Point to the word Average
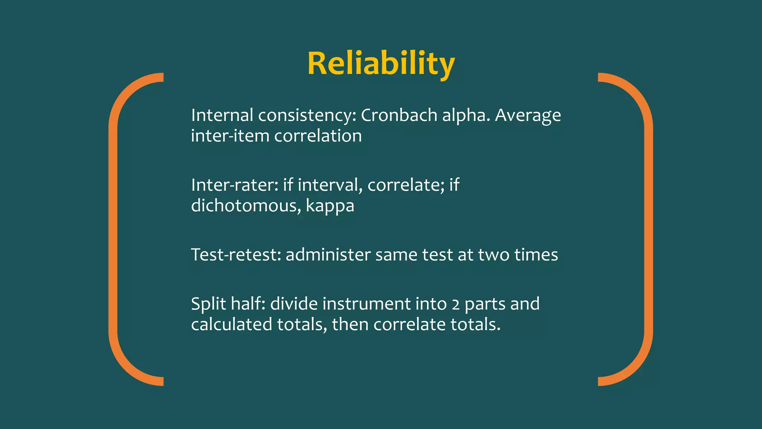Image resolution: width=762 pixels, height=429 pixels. pos(528,116)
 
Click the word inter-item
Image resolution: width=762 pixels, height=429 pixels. pos(230,136)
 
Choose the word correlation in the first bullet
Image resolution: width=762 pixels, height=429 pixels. pos(318,136)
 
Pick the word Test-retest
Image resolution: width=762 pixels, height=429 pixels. pos(236,255)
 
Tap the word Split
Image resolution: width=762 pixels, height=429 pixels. pos(208,304)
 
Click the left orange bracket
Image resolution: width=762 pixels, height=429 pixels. pos(113,229)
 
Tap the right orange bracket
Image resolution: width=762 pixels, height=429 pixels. pos(648,229)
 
